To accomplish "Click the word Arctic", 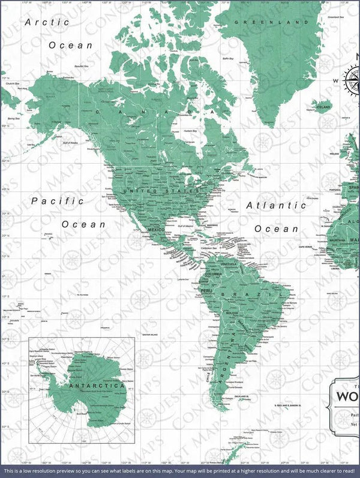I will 47,22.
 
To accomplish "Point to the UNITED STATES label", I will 161,191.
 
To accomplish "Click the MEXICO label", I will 156,230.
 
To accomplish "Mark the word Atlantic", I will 277,206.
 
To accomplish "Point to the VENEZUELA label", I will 229,264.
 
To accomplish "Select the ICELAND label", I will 323,107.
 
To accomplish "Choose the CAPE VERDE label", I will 306,246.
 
